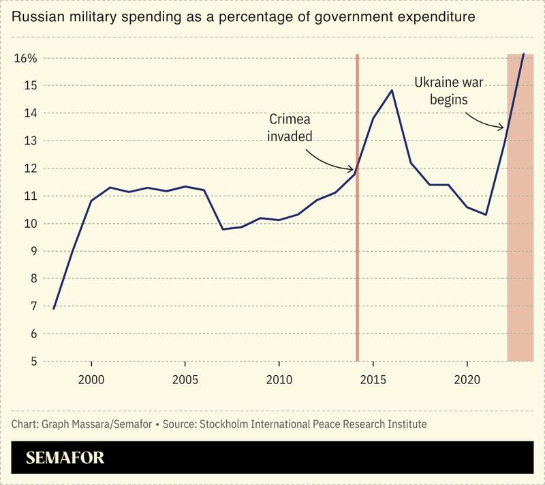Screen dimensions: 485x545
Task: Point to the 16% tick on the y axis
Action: coord(25,58)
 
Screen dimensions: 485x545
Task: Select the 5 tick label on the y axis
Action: coord(31,361)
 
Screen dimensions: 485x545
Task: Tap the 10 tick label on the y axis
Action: coord(29,223)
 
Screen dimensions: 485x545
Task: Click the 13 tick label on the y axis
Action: coord(29,141)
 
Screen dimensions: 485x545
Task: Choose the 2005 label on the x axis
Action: coord(185,379)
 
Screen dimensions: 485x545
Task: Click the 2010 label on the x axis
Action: coord(279,379)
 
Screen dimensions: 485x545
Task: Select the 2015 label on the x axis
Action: coord(373,379)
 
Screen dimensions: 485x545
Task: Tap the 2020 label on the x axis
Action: coord(467,379)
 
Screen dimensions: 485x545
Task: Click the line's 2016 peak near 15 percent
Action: coord(392,90)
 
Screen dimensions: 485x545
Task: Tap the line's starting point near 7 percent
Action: coord(53,308)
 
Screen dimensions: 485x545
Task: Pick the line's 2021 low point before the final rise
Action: coord(486,214)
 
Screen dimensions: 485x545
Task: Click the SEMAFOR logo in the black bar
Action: coord(65,458)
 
